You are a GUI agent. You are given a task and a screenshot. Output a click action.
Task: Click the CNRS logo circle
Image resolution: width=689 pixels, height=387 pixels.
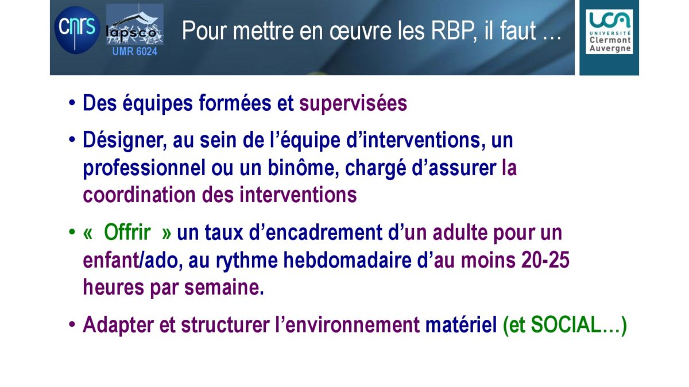77,30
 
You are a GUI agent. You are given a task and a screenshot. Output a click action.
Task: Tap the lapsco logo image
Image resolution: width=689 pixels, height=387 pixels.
135,25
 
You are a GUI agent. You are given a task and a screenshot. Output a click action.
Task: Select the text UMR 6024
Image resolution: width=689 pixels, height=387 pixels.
135,51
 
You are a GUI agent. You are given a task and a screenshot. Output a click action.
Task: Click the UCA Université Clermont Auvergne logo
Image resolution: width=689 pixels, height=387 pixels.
609,32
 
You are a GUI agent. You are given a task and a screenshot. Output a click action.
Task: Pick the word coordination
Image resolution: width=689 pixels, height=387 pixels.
140,195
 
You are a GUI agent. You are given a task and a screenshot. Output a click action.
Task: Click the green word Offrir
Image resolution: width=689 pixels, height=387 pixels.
127,233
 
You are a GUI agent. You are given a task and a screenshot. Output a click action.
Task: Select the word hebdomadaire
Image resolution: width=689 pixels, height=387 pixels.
347,260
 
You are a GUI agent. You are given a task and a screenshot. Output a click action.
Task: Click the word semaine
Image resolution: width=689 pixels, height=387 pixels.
222,287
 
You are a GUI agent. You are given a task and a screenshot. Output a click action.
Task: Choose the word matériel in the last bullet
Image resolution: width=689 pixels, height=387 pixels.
461,325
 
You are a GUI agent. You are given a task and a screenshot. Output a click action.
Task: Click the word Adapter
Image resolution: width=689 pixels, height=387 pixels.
118,326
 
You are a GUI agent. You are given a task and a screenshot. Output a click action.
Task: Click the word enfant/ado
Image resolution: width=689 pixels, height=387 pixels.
131,260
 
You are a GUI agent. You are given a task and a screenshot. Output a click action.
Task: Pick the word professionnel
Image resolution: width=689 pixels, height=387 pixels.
144,168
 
